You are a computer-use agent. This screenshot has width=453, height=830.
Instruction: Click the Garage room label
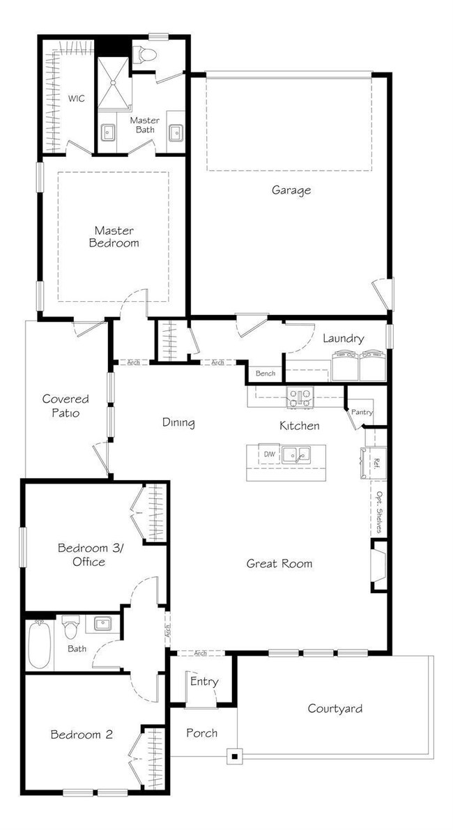[291, 190]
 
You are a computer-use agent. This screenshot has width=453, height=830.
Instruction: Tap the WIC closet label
[76, 98]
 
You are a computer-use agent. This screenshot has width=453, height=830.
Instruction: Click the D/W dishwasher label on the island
[269, 454]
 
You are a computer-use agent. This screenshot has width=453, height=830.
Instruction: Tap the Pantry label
[362, 412]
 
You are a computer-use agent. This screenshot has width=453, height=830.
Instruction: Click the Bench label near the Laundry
[265, 374]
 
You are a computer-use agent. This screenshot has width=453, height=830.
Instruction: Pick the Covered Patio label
[66, 406]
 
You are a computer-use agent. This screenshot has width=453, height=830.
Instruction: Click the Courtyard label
[335, 709]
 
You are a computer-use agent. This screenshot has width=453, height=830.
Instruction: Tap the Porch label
[201, 732]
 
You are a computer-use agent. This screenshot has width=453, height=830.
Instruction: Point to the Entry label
[204, 681]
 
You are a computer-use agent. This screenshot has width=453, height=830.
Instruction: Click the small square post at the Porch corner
[235, 755]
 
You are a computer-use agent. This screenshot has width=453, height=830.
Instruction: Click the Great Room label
[279, 563]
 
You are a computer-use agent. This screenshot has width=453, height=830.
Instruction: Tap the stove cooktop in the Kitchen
[301, 398]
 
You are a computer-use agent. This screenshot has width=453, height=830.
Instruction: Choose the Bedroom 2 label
[77, 734]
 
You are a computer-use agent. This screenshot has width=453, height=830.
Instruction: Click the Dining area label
[178, 422]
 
